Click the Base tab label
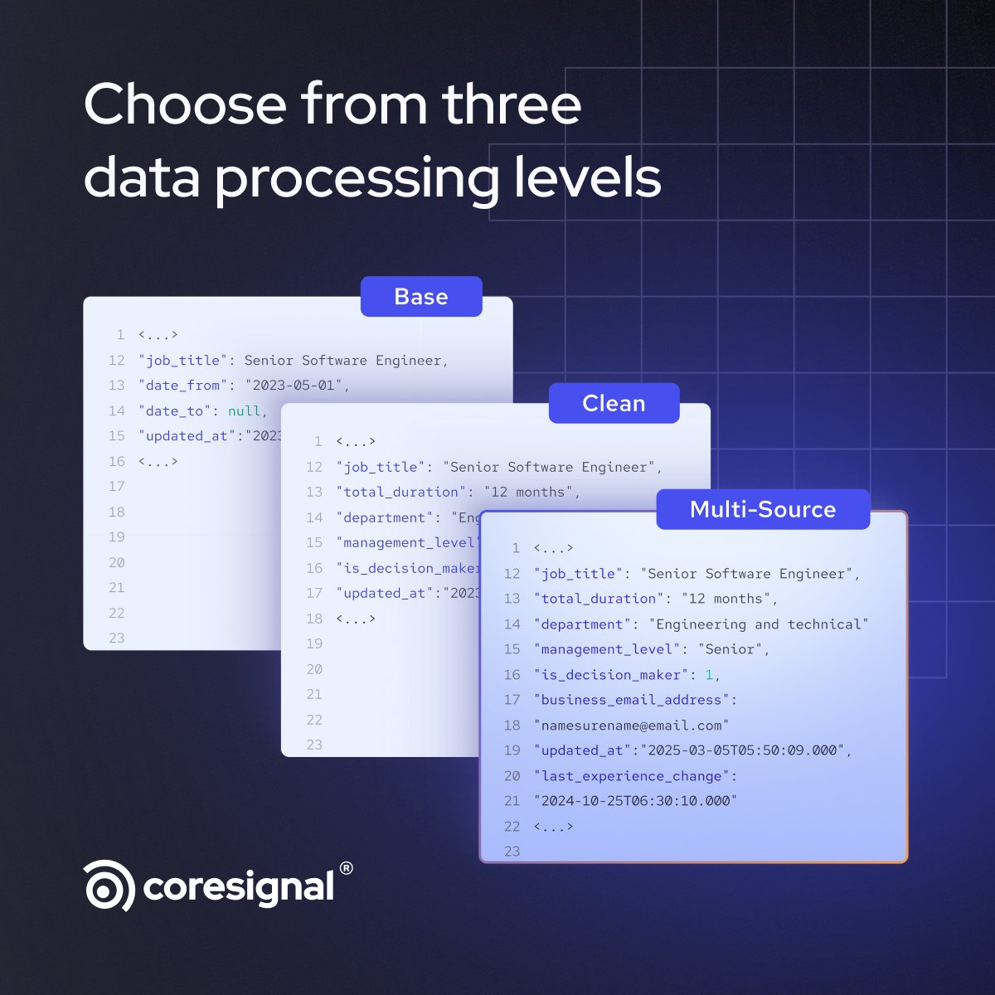(x=421, y=297)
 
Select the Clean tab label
(x=614, y=403)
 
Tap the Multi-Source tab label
(x=763, y=509)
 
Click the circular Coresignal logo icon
(x=109, y=886)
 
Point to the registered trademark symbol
(x=346, y=868)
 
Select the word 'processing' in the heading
(x=357, y=177)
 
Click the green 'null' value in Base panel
(x=244, y=411)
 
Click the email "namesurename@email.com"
(x=631, y=726)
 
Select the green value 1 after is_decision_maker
(x=709, y=675)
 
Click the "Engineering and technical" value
(x=758, y=624)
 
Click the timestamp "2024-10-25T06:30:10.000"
(x=635, y=801)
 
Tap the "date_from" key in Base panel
(x=182, y=386)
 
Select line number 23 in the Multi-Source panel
(x=512, y=852)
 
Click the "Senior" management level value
(x=729, y=649)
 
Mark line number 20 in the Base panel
(x=116, y=563)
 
